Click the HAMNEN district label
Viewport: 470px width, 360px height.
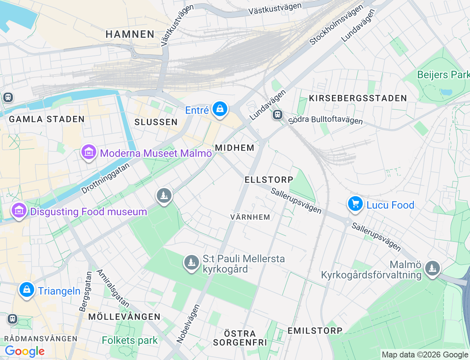click(x=130, y=35)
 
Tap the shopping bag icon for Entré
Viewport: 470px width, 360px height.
click(x=220, y=109)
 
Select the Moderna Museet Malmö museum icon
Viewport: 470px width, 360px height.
click(x=88, y=152)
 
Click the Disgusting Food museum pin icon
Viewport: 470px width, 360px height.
click(x=19, y=210)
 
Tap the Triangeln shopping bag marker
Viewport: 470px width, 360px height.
click(x=27, y=290)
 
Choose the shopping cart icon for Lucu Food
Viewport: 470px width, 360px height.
click(x=355, y=204)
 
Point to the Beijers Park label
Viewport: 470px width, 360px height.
click(x=443, y=75)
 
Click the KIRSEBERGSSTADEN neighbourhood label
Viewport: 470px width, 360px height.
click(x=358, y=98)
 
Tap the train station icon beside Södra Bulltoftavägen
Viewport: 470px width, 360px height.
click(x=277, y=115)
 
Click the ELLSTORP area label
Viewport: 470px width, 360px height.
click(x=269, y=180)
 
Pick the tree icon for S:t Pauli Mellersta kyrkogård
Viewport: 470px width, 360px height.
click(x=191, y=262)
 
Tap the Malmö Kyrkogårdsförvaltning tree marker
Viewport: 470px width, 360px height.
click(x=432, y=269)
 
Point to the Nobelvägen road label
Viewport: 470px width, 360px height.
click(x=188, y=324)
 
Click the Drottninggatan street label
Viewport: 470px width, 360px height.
click(x=105, y=178)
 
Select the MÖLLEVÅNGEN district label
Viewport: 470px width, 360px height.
click(x=124, y=317)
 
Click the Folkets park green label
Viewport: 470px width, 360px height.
click(x=130, y=341)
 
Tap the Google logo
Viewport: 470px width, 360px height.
click(x=25, y=352)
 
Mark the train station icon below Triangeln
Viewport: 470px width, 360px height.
click(x=12, y=318)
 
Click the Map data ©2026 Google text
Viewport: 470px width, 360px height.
click(x=425, y=354)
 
